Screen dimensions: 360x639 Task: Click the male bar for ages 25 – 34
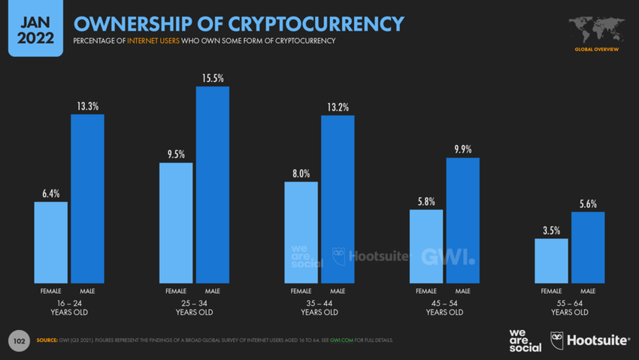(213, 184)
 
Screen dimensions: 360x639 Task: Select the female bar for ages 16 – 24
(51, 242)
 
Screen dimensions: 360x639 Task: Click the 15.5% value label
(213, 78)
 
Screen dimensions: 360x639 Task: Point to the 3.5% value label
(552, 231)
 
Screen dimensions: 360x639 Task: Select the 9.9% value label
(463, 150)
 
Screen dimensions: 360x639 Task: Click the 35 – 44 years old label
(319, 307)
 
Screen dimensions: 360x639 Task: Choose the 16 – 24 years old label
(69, 307)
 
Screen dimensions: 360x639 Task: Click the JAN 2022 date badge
(35, 27)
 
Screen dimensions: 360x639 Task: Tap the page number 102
(20, 341)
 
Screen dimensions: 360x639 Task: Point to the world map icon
(596, 29)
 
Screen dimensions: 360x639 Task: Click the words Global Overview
(596, 50)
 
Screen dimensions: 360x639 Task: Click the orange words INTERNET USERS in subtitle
(153, 41)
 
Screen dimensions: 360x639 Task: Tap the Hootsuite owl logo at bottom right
(557, 340)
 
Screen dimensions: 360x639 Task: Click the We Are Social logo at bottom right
(525, 340)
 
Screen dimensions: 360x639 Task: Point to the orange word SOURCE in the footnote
(47, 340)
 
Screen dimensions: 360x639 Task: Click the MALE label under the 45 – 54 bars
(463, 291)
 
